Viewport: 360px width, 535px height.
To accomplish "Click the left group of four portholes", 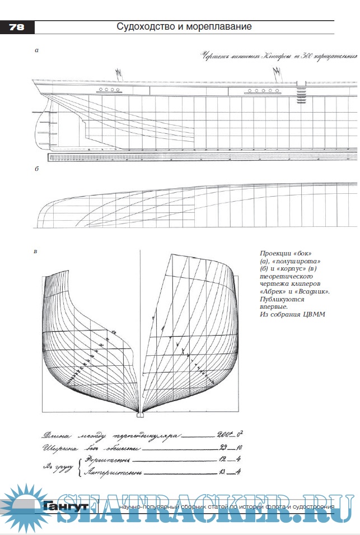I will click(110, 90).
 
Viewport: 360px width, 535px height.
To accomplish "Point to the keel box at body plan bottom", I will click(140, 416).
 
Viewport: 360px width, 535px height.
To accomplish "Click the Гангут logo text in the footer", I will click(64, 506).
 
